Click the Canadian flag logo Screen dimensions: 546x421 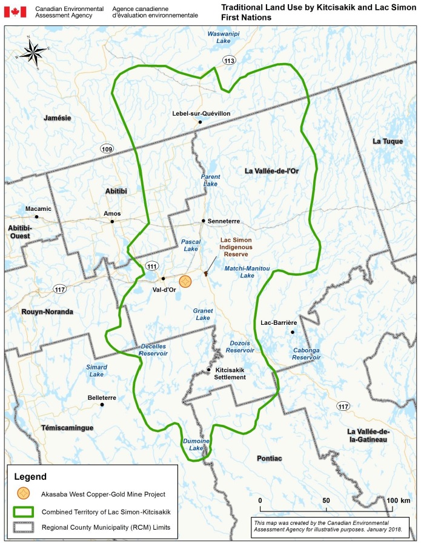(15, 12)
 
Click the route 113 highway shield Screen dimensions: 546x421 (229, 61)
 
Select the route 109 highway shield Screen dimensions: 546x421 (107, 149)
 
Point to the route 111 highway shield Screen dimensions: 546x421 (151, 265)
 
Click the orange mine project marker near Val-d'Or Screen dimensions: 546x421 (185, 282)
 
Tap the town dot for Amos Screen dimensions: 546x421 (112, 222)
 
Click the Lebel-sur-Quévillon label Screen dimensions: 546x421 (201, 113)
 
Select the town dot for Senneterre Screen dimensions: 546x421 (204, 221)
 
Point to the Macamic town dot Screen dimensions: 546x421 (37, 216)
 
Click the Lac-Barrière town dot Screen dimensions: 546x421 (293, 332)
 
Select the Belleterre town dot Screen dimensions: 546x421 (102, 405)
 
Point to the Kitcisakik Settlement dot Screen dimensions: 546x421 (209, 370)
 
